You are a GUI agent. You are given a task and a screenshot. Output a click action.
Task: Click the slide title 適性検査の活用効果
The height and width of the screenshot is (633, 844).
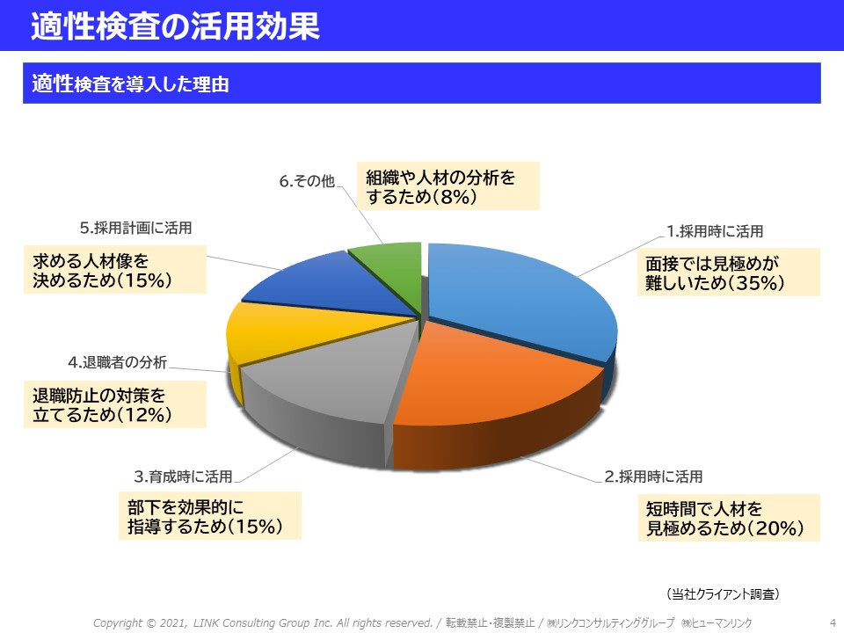[176, 25]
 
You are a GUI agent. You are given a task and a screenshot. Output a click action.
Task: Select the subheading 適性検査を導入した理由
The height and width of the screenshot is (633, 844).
[130, 84]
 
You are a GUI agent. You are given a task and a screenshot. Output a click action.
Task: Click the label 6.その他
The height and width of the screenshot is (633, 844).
[307, 181]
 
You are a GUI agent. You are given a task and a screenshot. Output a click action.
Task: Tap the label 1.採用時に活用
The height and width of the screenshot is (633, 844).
[715, 231]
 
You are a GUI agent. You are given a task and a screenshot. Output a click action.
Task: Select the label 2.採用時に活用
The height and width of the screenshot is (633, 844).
[653, 477]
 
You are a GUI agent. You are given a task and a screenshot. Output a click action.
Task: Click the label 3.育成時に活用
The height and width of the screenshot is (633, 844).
[183, 477]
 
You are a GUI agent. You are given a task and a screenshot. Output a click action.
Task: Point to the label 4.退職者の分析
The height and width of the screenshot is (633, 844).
[117, 362]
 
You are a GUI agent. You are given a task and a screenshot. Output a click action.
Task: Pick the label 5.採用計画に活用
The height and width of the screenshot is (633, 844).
[135, 228]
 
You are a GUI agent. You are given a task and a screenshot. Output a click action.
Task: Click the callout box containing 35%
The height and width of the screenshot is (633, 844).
[729, 273]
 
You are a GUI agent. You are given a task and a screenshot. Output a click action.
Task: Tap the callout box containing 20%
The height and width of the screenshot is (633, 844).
[730, 518]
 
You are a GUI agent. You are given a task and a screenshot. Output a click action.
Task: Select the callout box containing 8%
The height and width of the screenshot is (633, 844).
[448, 186]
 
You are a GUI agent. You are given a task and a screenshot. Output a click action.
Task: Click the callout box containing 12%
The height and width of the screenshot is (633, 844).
[115, 404]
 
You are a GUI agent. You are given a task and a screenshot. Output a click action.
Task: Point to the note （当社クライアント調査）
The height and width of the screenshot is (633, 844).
[723, 594]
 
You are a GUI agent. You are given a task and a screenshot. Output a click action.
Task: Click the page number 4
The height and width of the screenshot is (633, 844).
[833, 622]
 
